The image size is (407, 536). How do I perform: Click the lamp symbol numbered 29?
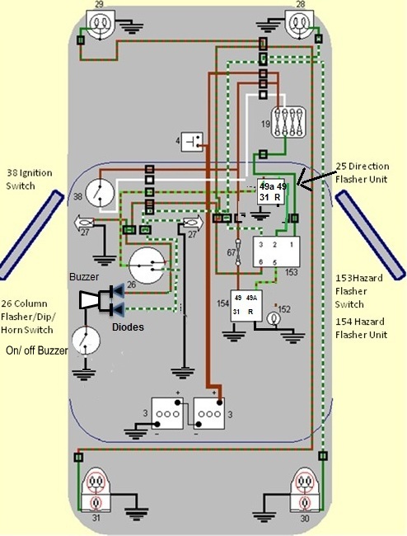coord(100,23)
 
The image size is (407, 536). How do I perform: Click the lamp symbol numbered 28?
coord(299,23)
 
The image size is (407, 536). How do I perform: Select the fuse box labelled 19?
coord(288,122)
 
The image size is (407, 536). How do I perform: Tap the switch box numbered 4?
coord(192,142)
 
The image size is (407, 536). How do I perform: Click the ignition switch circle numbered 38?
coord(100,193)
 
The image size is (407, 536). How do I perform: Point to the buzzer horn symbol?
coord(90,300)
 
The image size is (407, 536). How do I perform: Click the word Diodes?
coord(128,327)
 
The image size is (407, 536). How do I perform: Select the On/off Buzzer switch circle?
coord(86,341)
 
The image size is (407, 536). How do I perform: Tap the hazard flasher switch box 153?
coord(276,252)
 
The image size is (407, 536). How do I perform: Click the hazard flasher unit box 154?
coord(246,306)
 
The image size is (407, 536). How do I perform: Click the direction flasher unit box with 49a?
coord(271,192)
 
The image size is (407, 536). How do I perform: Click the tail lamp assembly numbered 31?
coord(96,490)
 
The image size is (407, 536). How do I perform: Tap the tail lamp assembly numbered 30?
coord(304,490)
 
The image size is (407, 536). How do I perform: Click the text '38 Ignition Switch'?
coord(30,179)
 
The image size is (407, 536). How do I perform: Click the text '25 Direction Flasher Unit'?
coord(362,172)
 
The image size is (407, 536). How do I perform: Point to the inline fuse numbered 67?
coord(238,252)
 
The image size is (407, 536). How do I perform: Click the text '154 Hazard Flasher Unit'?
coord(361,328)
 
